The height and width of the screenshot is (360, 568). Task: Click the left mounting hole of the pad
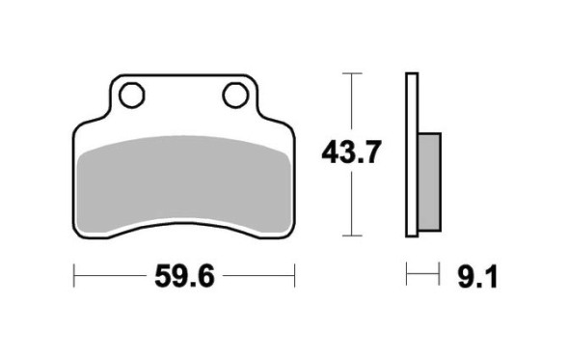pos(132,96)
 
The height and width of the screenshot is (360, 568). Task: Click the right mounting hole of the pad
pos(236,95)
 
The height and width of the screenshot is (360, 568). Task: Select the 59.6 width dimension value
pos(185,277)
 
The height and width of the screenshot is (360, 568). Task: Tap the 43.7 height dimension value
pos(351,152)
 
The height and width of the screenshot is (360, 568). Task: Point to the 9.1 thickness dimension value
pos(477,277)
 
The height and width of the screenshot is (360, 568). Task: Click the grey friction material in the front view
pos(185,185)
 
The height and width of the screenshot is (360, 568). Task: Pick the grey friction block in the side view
pos(429,181)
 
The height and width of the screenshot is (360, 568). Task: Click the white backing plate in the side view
pos(412,154)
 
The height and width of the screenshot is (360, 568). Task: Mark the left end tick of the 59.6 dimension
pos(74,275)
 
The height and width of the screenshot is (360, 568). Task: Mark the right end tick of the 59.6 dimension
pos(295,275)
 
